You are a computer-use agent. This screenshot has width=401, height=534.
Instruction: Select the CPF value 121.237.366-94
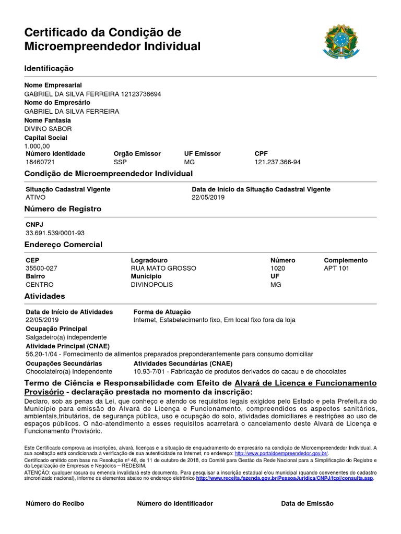click(x=277, y=162)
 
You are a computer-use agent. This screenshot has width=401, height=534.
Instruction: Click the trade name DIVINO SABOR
click(x=49, y=129)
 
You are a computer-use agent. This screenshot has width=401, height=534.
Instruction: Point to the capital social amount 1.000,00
click(x=38, y=146)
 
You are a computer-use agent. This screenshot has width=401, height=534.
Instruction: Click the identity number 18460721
click(x=40, y=162)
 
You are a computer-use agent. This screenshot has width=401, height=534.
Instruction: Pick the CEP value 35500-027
click(x=41, y=268)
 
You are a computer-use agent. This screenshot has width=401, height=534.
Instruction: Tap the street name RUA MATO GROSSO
click(x=163, y=268)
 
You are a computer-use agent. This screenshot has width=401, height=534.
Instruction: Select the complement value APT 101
click(x=337, y=268)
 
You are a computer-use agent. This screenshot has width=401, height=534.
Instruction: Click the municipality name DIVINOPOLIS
click(x=151, y=285)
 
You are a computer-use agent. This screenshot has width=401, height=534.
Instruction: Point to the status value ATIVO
click(x=36, y=198)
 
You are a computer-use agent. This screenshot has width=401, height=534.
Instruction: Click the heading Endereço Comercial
click(x=63, y=245)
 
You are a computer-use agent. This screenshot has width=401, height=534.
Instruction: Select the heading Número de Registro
click(x=63, y=209)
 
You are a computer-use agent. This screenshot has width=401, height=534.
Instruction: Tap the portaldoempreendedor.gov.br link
click(x=281, y=454)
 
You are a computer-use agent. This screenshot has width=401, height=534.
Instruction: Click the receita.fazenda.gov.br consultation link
click(x=285, y=478)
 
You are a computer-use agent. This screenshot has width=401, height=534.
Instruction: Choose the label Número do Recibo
click(x=55, y=504)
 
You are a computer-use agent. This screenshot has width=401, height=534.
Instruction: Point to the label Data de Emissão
click(x=307, y=504)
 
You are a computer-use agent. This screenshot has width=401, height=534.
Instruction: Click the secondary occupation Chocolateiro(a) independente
click(x=69, y=371)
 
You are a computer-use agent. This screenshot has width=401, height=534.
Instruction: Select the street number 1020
click(x=278, y=268)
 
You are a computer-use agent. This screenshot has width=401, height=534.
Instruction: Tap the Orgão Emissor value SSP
click(x=120, y=162)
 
